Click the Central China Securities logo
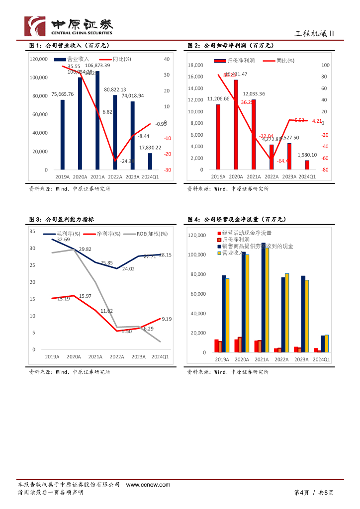click(x=69, y=25)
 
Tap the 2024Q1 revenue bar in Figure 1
click(x=150, y=162)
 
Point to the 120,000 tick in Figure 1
click(x=39, y=59)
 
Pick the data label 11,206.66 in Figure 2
click(x=218, y=99)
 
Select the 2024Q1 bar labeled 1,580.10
click(x=307, y=165)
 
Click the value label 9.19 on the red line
click(x=166, y=319)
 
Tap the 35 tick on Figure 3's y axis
click(x=32, y=232)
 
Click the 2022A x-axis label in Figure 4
click(x=281, y=359)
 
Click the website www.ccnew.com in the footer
click(x=148, y=485)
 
